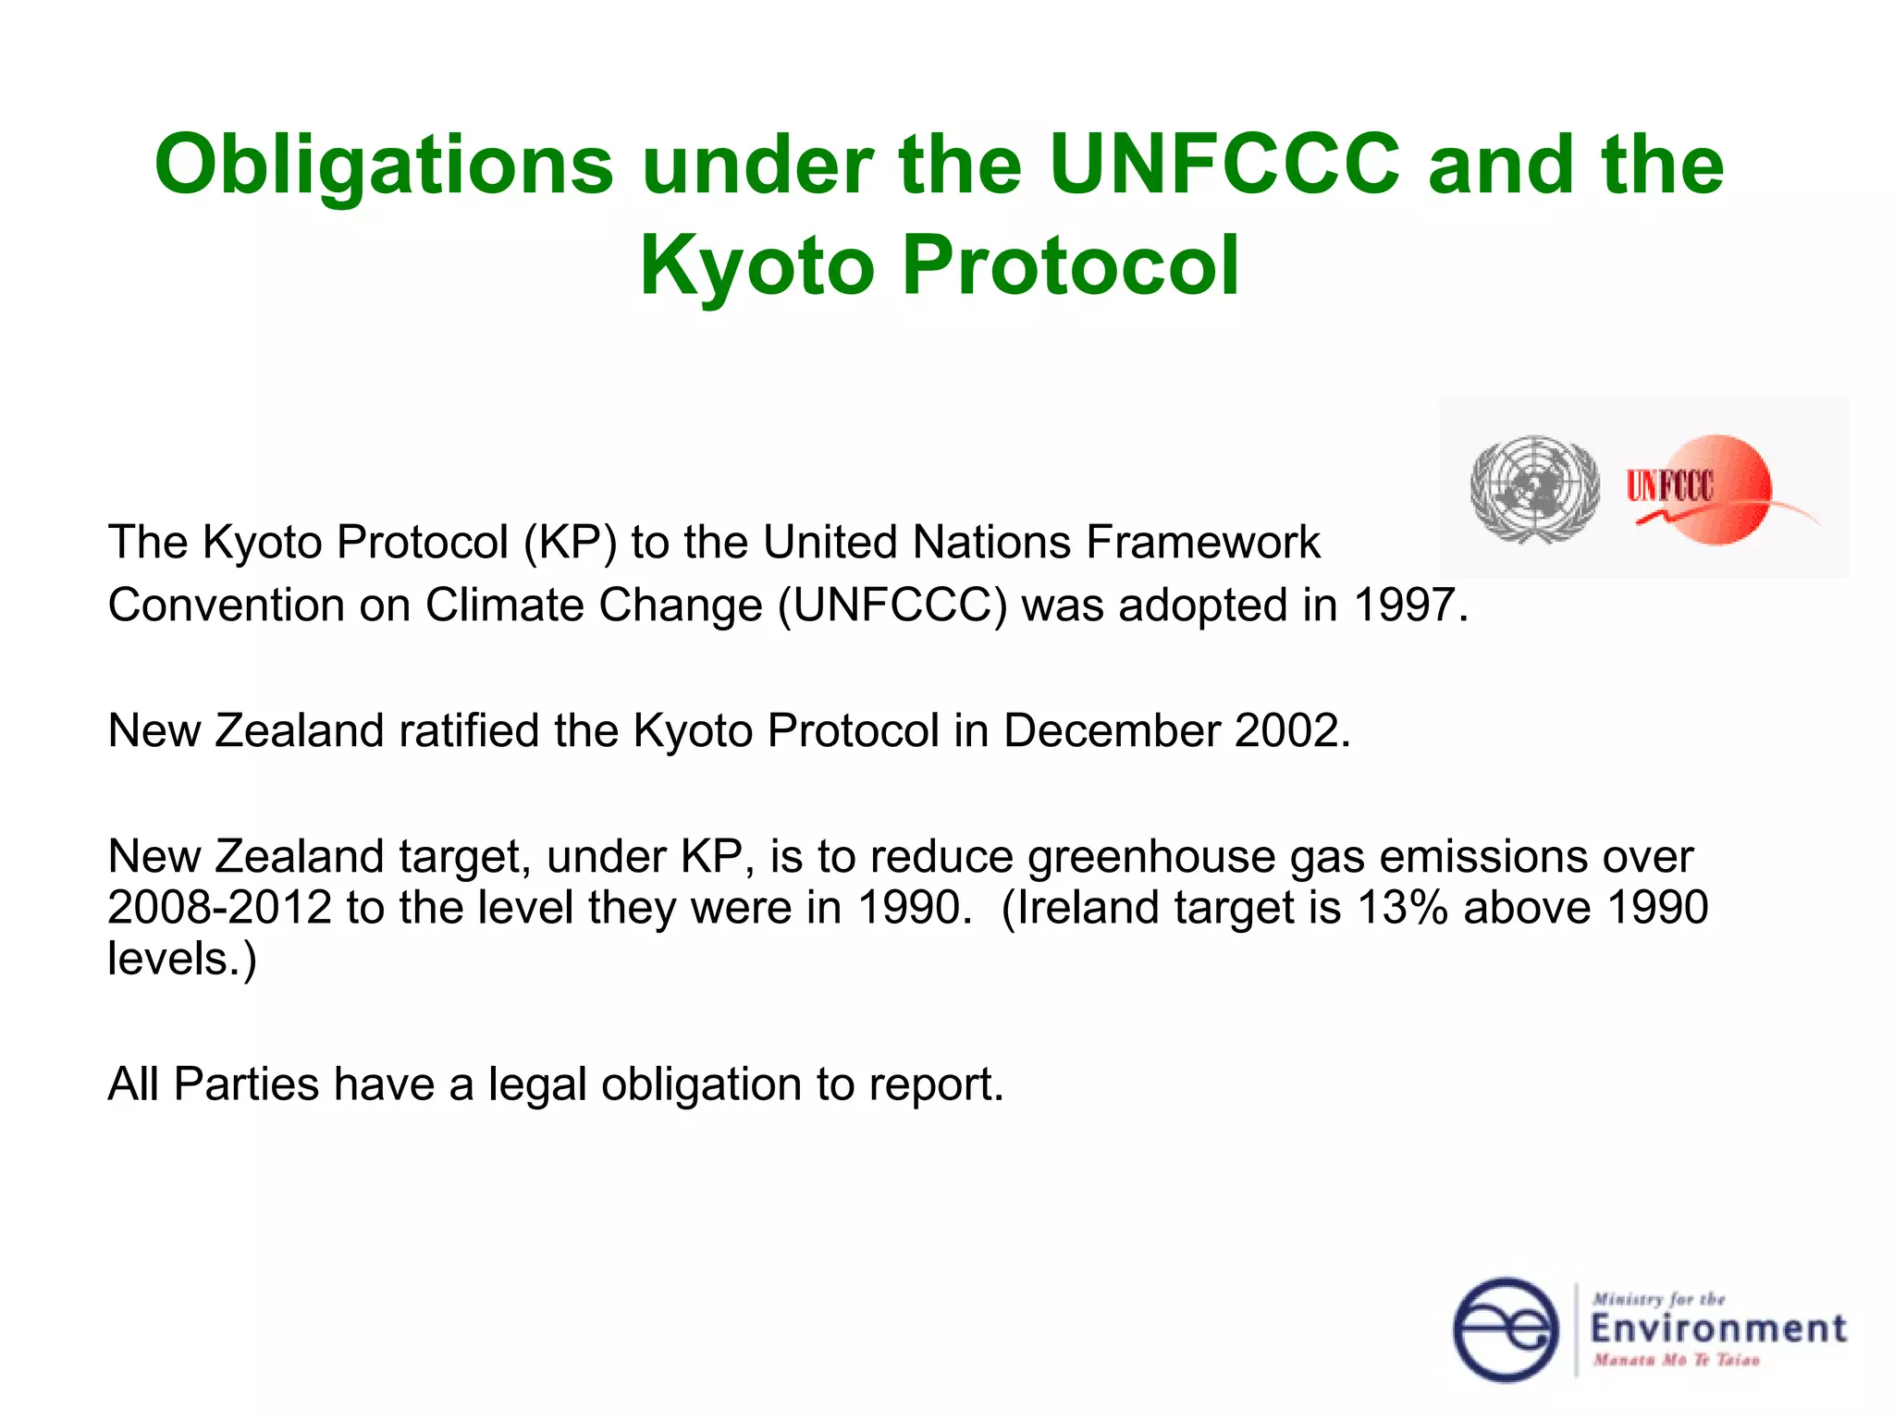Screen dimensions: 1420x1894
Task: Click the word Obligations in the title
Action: pos(383,166)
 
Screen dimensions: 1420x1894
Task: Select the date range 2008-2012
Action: pos(219,908)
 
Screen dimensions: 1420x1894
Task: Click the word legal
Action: pos(537,1084)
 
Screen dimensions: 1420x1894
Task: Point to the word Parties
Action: pos(246,1084)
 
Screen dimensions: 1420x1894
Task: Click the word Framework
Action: pos(1202,543)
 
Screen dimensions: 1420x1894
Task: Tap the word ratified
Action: pos(469,731)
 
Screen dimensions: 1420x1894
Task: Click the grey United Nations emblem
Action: pos(1534,488)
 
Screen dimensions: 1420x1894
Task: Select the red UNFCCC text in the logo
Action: pos(1669,486)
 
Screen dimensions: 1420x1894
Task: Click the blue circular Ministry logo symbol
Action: pos(1507,1330)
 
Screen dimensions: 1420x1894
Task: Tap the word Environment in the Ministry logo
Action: pos(1717,1329)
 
